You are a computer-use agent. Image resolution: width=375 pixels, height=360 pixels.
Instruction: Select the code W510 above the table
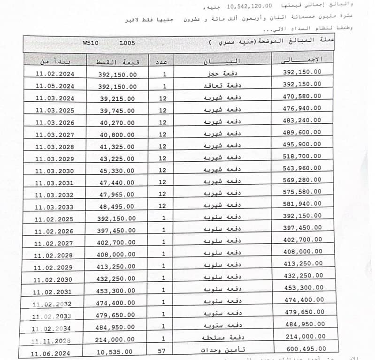[x=91, y=43]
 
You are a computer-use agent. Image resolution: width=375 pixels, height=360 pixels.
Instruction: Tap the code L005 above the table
[x=127, y=43]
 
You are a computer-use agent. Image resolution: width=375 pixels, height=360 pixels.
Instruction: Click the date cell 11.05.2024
[x=54, y=86]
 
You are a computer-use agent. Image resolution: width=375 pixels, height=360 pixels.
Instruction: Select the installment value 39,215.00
[x=117, y=99]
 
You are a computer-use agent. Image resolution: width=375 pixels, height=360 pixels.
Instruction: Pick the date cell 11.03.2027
[x=54, y=135]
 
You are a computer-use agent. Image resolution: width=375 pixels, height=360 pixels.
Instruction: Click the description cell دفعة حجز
[x=219, y=74]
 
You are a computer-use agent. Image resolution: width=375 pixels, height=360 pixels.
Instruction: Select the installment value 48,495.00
[x=117, y=206]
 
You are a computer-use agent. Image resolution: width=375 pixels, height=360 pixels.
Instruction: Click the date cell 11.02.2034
[x=54, y=328]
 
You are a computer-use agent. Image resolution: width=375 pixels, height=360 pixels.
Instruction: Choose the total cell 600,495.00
[x=305, y=349]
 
